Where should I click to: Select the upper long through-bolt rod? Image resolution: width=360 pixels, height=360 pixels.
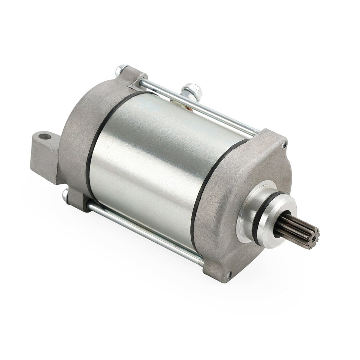tap(197, 102)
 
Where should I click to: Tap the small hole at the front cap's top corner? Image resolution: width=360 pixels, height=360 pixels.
tap(284, 144)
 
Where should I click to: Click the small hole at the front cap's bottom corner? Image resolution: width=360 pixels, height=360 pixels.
tap(229, 274)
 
